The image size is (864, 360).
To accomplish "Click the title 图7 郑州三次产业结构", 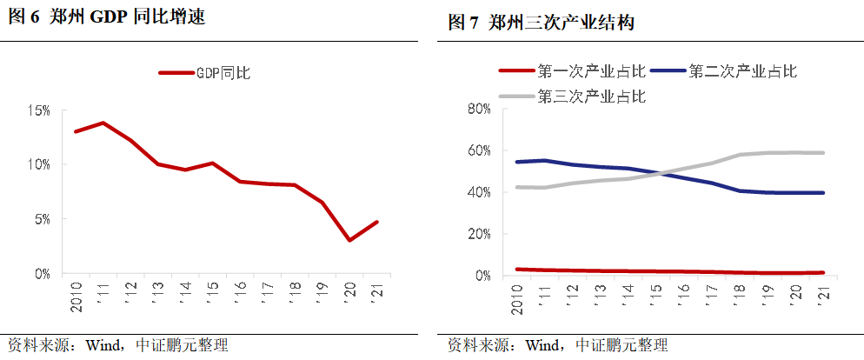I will (x=541, y=23).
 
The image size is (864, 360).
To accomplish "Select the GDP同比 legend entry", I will (x=205, y=73).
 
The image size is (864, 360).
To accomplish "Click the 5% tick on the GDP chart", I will (x=42, y=219).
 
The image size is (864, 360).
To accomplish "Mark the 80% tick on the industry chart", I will (x=480, y=109).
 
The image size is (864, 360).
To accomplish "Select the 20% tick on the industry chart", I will (x=480, y=234).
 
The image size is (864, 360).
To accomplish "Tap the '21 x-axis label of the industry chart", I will (x=822, y=295).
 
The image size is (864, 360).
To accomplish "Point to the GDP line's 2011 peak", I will (x=103, y=123).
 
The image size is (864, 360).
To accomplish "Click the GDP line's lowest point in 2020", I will (x=349, y=240).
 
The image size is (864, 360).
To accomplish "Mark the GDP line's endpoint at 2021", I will (x=376, y=222).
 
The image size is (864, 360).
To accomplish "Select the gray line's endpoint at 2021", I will (x=822, y=153).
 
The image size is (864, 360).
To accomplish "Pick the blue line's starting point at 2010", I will (x=517, y=162).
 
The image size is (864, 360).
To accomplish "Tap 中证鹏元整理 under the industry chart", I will (x=621, y=345).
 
